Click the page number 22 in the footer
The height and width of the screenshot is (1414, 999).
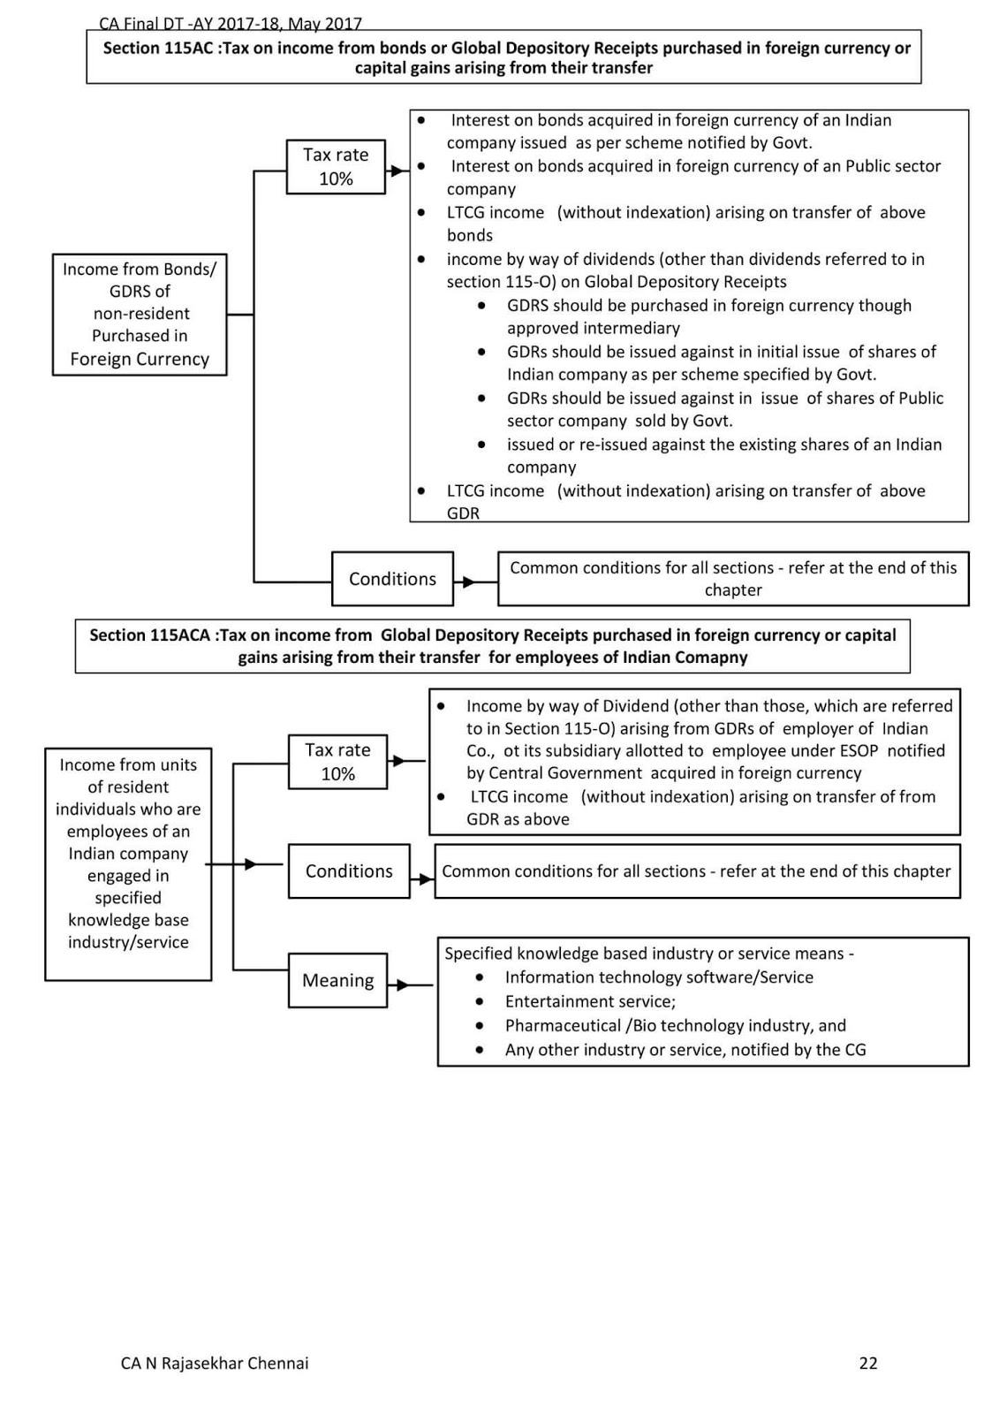point(867,1363)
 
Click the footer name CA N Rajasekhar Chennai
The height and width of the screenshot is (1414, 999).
point(215,1363)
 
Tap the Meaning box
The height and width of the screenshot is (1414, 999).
point(337,980)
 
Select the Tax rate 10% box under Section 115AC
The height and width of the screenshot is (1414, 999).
point(336,166)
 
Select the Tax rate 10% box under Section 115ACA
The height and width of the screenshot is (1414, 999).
point(337,762)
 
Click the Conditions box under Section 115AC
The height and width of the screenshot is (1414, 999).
point(392,579)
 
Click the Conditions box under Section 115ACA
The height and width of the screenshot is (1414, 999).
point(349,871)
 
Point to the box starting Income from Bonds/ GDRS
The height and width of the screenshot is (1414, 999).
point(140,314)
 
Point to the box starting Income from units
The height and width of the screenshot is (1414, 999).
point(128,863)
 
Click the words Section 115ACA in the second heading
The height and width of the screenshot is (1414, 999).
point(149,635)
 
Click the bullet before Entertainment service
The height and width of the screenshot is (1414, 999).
point(480,1001)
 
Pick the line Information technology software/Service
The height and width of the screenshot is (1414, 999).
point(659,977)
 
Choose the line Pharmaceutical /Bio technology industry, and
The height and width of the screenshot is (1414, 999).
point(675,1025)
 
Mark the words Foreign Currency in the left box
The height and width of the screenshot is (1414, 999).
point(140,360)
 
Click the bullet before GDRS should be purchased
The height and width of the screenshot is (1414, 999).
point(481,305)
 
